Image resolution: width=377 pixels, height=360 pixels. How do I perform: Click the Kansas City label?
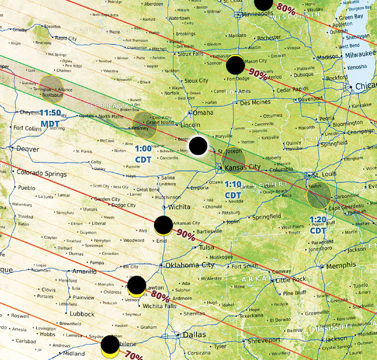pos(243,167)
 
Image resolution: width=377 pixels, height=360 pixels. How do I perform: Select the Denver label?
pos(28,148)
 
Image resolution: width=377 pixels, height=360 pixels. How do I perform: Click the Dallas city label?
pos(194,335)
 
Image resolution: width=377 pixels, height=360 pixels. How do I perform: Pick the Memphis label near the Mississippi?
pos(341,266)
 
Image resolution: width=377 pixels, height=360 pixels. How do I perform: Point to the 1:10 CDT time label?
pos(233,189)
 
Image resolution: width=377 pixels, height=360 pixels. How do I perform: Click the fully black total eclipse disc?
pos(198,146)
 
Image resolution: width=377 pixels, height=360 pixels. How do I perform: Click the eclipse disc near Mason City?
pos(236,65)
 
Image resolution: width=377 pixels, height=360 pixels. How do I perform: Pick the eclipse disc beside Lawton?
pos(136,286)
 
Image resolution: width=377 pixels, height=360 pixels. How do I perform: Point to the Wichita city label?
pos(180,207)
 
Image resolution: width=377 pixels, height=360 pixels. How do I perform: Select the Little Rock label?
pos(292,279)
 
